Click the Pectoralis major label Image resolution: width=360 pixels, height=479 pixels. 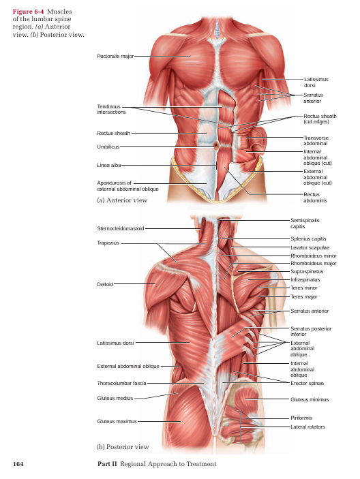point(115,56)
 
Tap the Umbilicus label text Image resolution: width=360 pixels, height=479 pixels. point(108,147)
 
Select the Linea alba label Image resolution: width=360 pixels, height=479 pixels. point(109,166)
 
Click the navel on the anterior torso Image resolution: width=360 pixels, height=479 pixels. point(216,145)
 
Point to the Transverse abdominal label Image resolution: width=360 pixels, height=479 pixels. point(316,140)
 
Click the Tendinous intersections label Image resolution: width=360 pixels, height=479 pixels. point(111,110)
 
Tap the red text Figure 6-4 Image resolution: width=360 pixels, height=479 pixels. point(28,12)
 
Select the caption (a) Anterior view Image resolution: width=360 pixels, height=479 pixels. point(122,200)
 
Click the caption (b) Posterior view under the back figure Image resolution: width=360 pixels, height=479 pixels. point(123,447)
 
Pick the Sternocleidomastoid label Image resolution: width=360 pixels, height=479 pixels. point(121,228)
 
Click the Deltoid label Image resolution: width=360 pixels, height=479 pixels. point(105,284)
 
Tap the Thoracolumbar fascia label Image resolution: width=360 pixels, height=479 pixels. point(121,383)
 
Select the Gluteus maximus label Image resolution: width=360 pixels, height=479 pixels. point(117,422)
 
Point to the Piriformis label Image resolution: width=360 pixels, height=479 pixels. point(301,418)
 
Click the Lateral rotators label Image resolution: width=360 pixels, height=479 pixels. point(307,427)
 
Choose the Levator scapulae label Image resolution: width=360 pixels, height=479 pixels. point(310,247)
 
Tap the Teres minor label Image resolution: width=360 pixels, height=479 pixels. point(304,288)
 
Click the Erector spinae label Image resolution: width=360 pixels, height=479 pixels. point(307,384)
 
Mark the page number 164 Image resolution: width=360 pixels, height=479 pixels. point(18,464)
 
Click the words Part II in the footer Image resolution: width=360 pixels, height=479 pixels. point(107,464)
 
